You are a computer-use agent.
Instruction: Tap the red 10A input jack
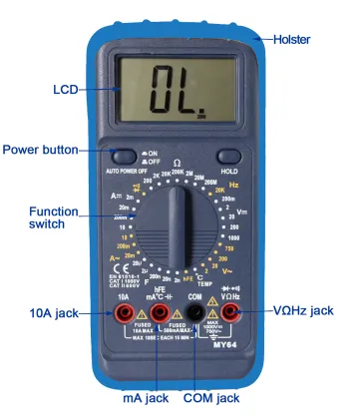coord(125,315)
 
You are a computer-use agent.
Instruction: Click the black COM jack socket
coord(196,315)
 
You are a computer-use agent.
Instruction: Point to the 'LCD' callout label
coord(66,89)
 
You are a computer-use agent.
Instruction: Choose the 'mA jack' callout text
coord(139,398)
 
